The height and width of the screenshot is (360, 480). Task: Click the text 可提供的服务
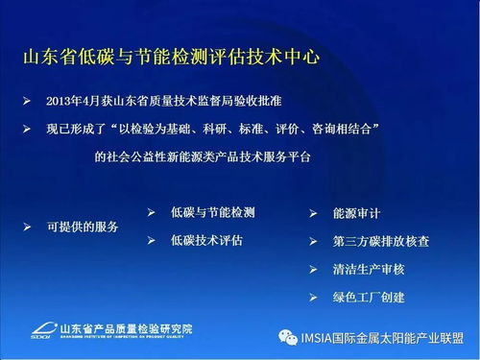coord(83,228)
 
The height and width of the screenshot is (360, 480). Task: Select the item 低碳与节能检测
coord(219,211)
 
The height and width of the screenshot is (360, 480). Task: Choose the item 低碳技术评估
coord(205,239)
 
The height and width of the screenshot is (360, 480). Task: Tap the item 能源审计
coord(355,213)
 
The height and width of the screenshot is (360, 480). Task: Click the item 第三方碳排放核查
coord(382,241)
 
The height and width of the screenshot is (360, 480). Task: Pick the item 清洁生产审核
coord(369,270)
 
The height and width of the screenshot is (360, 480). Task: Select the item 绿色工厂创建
coord(369,298)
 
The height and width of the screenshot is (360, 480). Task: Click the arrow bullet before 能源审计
coord(313,213)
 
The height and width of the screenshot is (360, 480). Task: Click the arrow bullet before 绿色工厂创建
coord(313,298)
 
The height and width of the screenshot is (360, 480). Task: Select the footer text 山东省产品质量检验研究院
coord(125,327)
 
